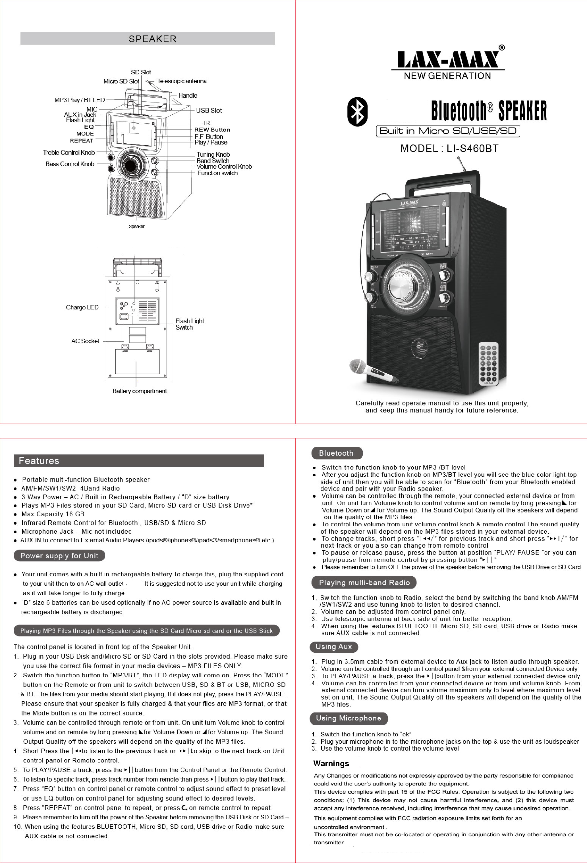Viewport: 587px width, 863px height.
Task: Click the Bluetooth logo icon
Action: click(x=357, y=112)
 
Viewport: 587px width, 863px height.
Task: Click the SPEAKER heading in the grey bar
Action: click(x=152, y=39)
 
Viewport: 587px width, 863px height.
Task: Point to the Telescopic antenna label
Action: click(x=182, y=81)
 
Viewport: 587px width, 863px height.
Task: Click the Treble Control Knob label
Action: click(x=69, y=153)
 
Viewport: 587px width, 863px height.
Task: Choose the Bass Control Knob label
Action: click(x=70, y=164)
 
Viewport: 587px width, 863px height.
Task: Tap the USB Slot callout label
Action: click(x=209, y=110)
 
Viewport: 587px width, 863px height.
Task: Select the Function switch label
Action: click(x=217, y=173)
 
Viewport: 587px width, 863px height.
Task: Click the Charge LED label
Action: click(x=82, y=307)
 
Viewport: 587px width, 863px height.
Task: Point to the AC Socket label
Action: click(x=85, y=341)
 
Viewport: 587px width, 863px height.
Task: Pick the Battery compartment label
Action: click(x=139, y=391)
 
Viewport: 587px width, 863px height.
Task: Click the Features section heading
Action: click(x=39, y=460)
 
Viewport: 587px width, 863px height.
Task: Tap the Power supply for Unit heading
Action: click(x=59, y=556)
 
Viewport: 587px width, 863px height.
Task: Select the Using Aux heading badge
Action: click(x=333, y=646)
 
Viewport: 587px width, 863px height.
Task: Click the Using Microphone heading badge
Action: click(x=348, y=718)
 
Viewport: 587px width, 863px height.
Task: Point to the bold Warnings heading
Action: click(x=331, y=763)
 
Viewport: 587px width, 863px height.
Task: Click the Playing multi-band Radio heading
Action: click(x=364, y=583)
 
